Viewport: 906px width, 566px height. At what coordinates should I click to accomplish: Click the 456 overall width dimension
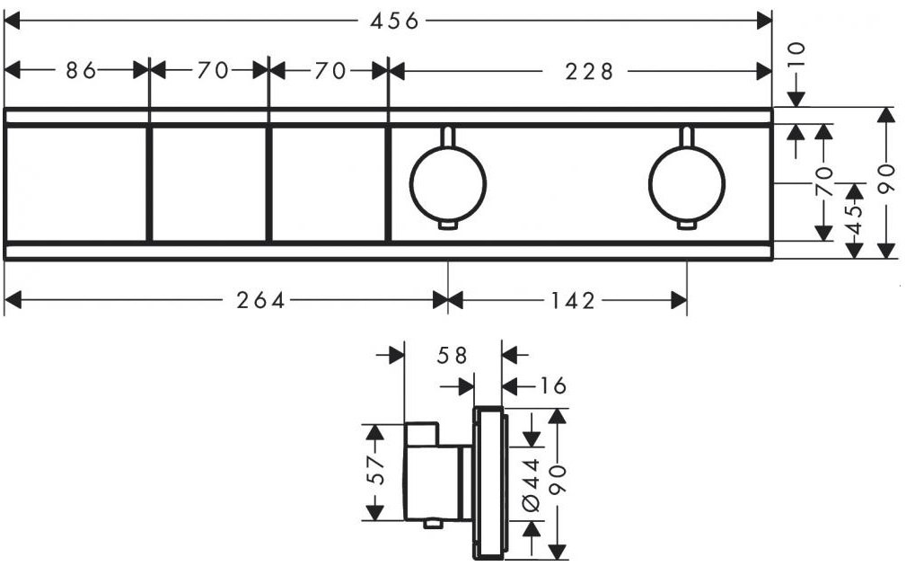tap(394, 22)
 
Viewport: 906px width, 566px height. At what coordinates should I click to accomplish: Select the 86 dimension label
tap(80, 71)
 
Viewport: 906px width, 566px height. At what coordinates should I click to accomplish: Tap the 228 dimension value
tap(589, 72)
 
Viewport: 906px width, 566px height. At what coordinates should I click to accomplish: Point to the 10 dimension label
tap(796, 56)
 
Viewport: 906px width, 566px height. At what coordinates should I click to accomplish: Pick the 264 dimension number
tap(260, 300)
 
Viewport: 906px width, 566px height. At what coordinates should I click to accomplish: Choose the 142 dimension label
tap(573, 301)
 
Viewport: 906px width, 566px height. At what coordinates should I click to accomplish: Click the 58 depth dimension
tap(452, 356)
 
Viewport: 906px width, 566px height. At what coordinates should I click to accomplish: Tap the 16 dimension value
tap(551, 385)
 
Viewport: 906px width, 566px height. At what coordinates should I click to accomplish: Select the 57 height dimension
tap(375, 470)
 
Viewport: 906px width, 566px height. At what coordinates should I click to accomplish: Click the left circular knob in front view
tap(448, 184)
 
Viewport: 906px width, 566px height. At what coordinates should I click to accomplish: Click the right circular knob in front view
tap(686, 184)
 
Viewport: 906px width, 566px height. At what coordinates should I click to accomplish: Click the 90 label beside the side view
tap(557, 480)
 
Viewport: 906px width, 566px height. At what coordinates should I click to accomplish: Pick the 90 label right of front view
tap(886, 179)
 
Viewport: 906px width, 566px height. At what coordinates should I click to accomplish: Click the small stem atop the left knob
tap(448, 137)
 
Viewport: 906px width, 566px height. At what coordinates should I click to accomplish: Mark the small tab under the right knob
tap(686, 226)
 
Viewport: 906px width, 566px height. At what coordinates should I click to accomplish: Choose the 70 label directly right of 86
tap(213, 71)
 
